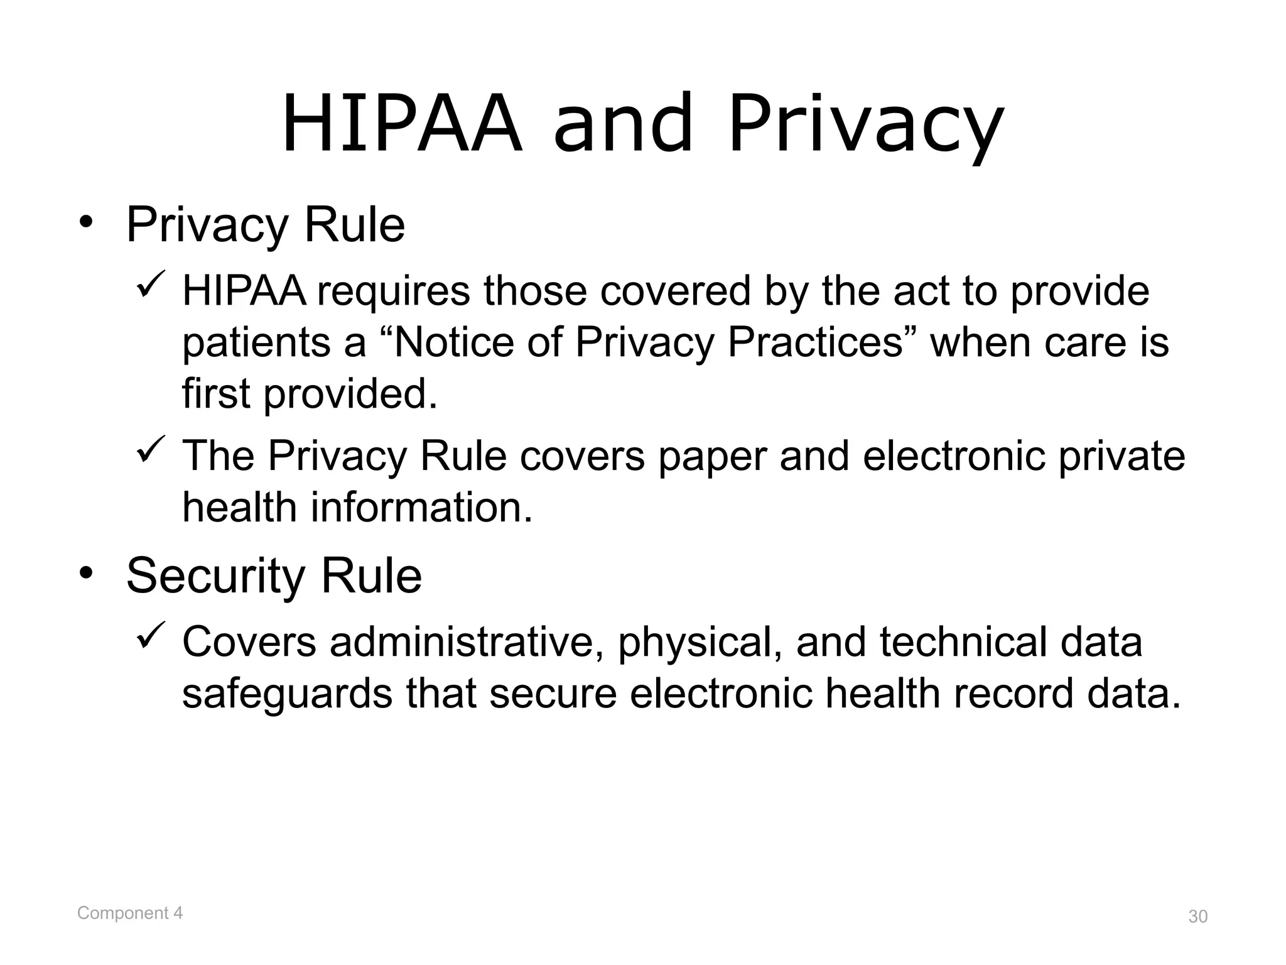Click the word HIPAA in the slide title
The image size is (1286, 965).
click(402, 124)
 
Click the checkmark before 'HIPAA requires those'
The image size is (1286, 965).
click(151, 284)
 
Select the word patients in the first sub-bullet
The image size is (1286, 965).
click(256, 344)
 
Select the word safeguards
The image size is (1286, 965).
click(288, 694)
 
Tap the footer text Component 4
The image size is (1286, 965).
click(130, 913)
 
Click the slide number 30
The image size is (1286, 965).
click(1197, 917)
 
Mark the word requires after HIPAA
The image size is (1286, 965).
click(393, 292)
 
